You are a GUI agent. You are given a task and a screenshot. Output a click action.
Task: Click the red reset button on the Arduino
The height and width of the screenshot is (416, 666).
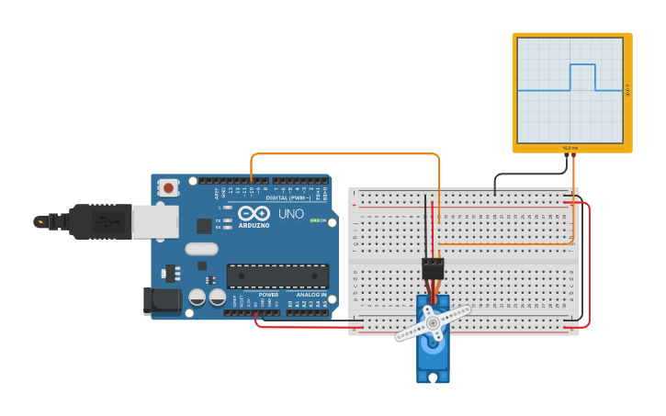point(168,187)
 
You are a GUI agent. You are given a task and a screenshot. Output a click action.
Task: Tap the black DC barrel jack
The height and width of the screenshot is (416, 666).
point(161,300)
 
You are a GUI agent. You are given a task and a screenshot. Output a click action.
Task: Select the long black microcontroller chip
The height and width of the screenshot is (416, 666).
point(277,275)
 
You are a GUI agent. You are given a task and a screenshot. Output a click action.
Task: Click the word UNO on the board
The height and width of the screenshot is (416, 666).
point(290,214)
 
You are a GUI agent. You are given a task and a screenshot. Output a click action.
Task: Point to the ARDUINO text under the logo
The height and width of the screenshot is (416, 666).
point(254,225)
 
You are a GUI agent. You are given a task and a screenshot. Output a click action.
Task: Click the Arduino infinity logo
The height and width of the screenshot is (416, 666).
point(254,214)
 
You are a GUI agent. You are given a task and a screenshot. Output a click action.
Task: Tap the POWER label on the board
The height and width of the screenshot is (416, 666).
point(268,295)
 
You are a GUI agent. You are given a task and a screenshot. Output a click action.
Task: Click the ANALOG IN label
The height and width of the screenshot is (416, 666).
point(310,295)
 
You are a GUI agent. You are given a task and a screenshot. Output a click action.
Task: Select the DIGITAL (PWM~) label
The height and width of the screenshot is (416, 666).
point(288,197)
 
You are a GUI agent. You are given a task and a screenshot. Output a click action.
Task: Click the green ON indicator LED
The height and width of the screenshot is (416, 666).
point(313,220)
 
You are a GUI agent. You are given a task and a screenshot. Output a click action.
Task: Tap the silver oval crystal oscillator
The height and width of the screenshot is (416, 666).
point(201,248)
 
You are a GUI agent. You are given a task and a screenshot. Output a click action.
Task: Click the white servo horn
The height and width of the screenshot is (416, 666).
point(433,323)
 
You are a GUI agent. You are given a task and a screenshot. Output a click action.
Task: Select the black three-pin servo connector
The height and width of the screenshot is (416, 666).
point(433,268)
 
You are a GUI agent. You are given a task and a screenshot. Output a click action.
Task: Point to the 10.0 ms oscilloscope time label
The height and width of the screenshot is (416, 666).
point(570,147)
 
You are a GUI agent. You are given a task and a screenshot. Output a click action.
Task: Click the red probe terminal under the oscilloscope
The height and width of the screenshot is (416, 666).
point(574,155)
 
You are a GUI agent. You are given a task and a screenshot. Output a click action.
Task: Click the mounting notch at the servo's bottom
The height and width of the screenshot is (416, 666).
point(433,377)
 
